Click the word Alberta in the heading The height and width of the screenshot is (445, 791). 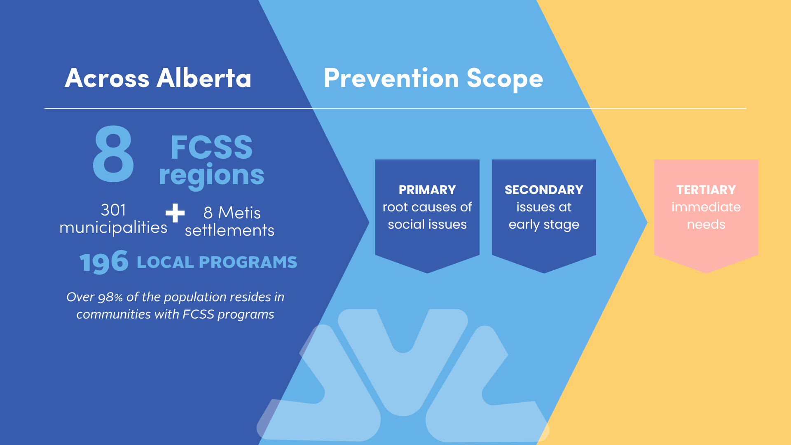click(x=204, y=78)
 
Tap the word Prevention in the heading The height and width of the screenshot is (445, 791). click(x=391, y=78)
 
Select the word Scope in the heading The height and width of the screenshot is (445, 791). click(x=505, y=79)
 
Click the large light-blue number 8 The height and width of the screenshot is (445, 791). click(x=113, y=154)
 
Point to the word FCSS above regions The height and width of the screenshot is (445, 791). click(x=211, y=147)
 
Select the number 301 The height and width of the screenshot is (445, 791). click(x=113, y=210)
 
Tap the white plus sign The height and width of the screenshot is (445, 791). click(x=175, y=213)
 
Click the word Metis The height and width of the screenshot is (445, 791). click(x=239, y=213)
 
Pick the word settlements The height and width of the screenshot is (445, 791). click(x=229, y=230)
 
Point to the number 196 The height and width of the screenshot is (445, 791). click(x=104, y=262)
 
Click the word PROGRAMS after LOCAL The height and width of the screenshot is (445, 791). click(x=248, y=262)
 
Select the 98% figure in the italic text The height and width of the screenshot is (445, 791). click(x=110, y=297)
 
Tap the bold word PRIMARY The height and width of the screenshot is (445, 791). click(x=427, y=190)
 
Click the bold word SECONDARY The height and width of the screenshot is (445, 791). click(x=544, y=190)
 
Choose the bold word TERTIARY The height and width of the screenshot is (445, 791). click(x=706, y=190)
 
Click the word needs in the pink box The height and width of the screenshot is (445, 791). click(x=706, y=225)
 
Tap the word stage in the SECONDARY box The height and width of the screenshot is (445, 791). click(x=561, y=225)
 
